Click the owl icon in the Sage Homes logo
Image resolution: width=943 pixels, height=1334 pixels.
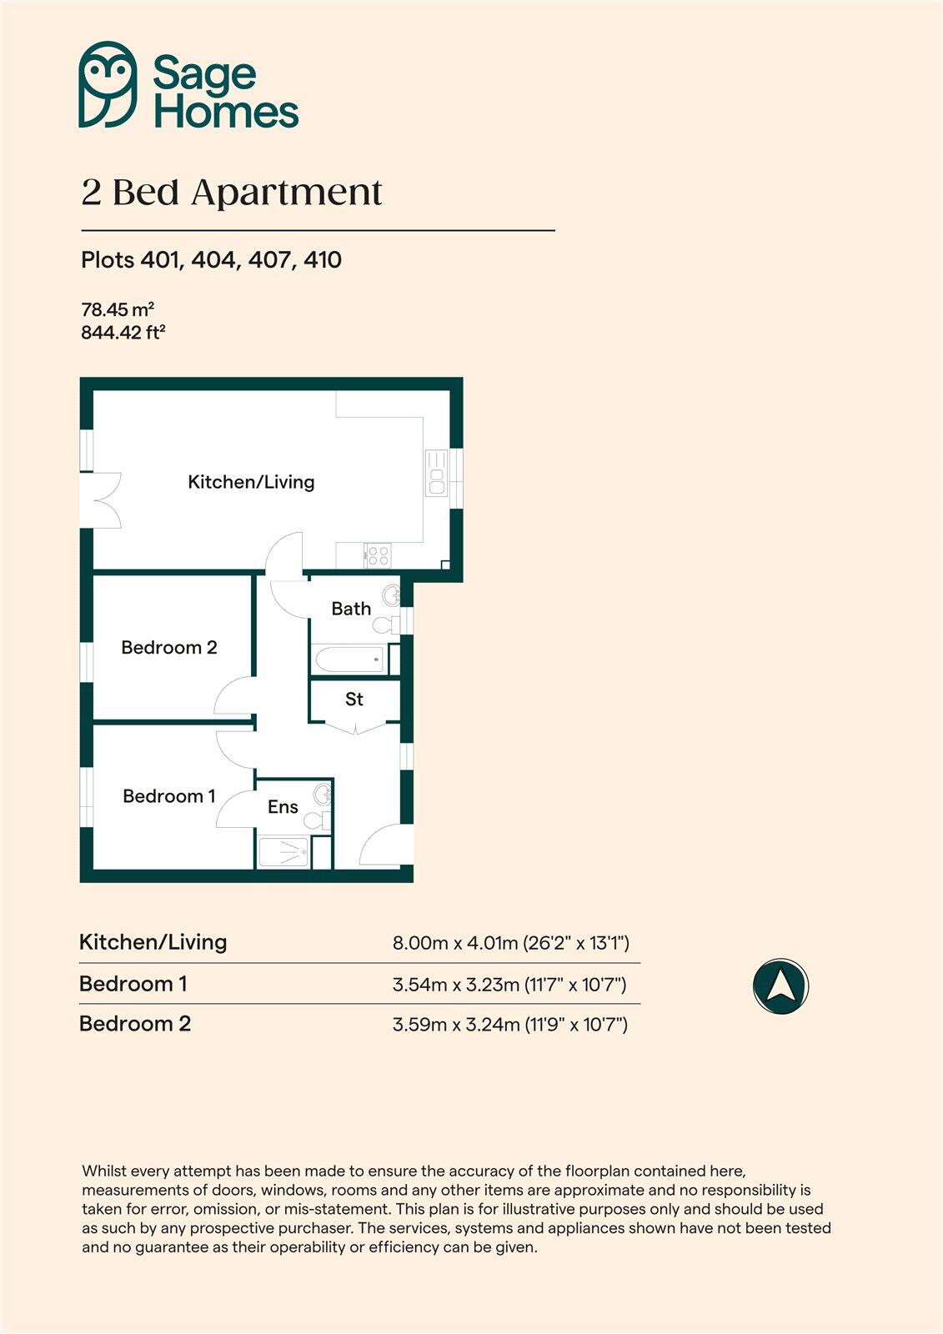pyautogui.click(x=108, y=84)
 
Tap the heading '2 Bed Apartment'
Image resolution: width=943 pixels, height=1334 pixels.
pyautogui.click(x=231, y=193)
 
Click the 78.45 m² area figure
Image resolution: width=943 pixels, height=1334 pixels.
pyautogui.click(x=118, y=309)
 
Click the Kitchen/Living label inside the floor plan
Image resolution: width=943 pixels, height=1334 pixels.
pyautogui.click(x=251, y=482)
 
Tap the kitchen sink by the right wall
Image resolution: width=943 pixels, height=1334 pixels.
pyautogui.click(x=436, y=473)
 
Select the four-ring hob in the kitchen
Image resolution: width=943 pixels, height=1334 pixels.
pyautogui.click(x=378, y=554)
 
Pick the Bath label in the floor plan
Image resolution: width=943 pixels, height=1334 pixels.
pyautogui.click(x=351, y=609)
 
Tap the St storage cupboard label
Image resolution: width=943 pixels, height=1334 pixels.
pyautogui.click(x=354, y=700)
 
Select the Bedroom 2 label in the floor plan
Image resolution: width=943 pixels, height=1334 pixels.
pyautogui.click(x=169, y=648)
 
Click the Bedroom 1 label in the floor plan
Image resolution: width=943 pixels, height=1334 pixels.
pyautogui.click(x=169, y=796)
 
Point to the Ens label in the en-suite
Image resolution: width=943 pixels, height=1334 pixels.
pyautogui.click(x=283, y=807)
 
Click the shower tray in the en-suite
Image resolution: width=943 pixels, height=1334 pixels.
pyautogui.click(x=283, y=853)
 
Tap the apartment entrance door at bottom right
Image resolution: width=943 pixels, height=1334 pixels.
pyautogui.click(x=385, y=845)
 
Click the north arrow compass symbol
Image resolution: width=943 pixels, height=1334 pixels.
pyautogui.click(x=780, y=985)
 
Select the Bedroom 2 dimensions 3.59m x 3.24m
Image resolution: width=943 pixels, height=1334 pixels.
pyautogui.click(x=509, y=1024)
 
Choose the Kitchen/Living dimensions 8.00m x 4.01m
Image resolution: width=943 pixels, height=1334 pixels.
pyautogui.click(x=510, y=943)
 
